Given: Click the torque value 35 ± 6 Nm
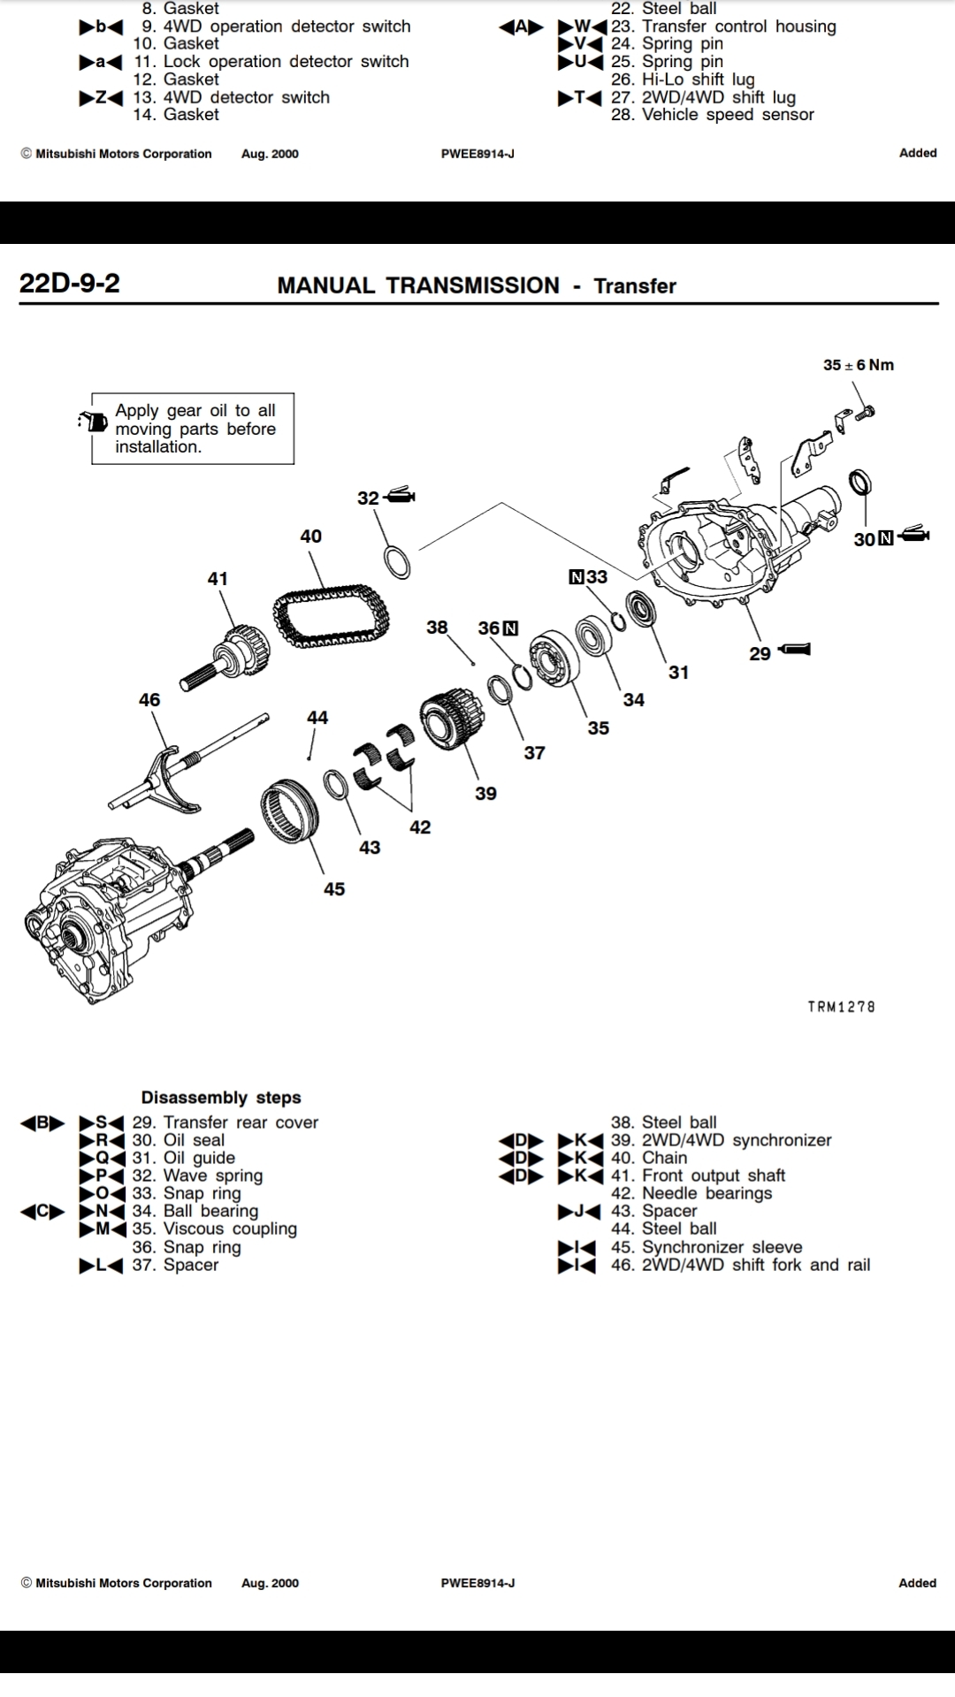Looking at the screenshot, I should pyautogui.click(x=858, y=365).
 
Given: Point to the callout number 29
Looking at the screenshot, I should pyautogui.click(x=760, y=654).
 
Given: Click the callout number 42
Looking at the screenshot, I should pyautogui.click(x=419, y=827).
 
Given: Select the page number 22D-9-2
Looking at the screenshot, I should pyautogui.click(x=69, y=283).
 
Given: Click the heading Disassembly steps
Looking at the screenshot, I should pyautogui.click(x=221, y=1098).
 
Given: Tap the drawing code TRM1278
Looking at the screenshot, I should pyautogui.click(x=841, y=1007).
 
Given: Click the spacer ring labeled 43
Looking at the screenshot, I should pyautogui.click(x=335, y=784).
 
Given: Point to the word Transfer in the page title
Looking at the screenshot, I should pyautogui.click(x=634, y=285).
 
